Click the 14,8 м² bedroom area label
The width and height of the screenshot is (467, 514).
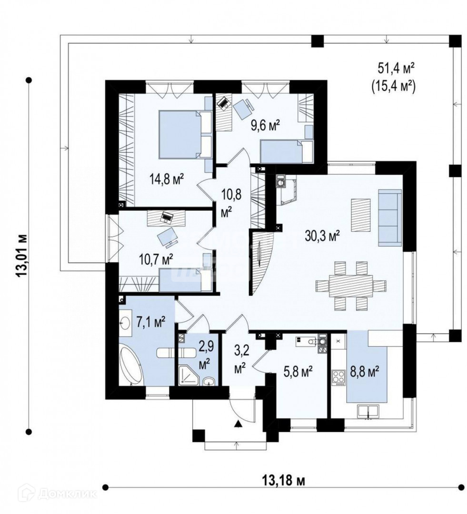pos(167,179)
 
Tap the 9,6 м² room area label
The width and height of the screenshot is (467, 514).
pos(265,125)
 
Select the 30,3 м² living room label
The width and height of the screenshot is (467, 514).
pos(322,236)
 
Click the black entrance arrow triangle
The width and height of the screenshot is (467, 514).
pos(238,424)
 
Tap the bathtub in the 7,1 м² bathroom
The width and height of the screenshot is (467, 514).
pos(131,365)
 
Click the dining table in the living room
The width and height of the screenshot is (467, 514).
pos(350,286)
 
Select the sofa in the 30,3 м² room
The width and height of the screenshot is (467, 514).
pos(390,217)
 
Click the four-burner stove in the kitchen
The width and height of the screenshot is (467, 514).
pos(338,377)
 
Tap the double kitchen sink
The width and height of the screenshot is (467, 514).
pos(368,412)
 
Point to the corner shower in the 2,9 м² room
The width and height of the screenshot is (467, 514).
pos(189,375)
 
